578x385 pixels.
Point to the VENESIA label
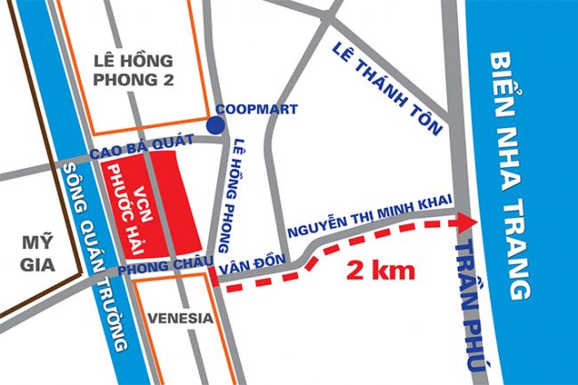point(181,317)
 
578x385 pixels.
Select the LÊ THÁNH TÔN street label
point(388,88)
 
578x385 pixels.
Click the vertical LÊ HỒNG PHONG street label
point(243,183)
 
